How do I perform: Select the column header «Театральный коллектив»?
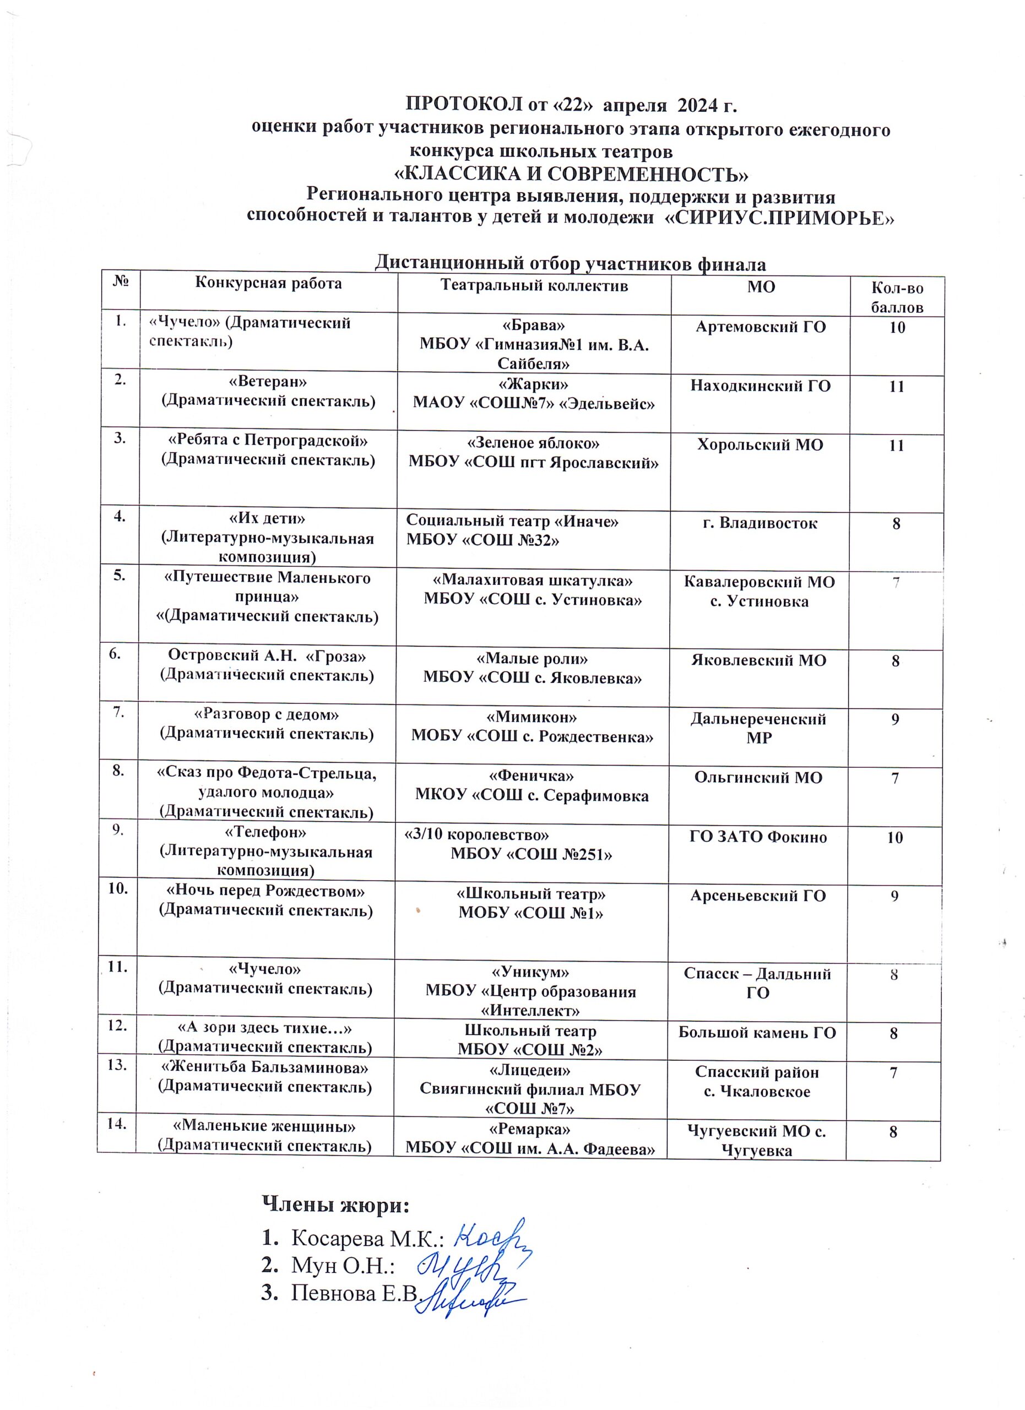[x=534, y=285]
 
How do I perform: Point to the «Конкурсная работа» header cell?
[x=269, y=284]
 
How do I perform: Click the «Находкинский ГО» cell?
[x=760, y=386]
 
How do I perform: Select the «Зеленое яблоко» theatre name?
[x=533, y=443]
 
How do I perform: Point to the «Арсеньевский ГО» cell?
[x=758, y=895]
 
